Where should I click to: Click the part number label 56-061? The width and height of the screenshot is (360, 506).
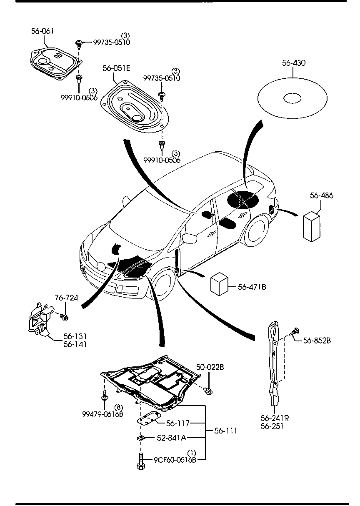point(42,31)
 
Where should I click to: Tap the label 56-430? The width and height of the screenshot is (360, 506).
point(293,63)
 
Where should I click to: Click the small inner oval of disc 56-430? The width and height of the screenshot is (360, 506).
point(292,98)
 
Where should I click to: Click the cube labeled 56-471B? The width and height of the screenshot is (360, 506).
point(220,284)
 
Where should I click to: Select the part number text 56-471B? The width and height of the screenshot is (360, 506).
point(252,287)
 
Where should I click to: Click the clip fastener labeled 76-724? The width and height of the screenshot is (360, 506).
point(65,318)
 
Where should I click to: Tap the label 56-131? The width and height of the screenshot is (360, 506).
point(75,336)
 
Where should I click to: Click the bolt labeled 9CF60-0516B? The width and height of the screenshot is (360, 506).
point(140,461)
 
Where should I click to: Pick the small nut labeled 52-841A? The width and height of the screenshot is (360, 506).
point(141,438)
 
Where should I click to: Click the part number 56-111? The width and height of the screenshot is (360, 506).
point(225,431)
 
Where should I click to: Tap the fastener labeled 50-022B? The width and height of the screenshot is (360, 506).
point(208,390)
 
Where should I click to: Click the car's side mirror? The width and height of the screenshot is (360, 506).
point(190,238)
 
